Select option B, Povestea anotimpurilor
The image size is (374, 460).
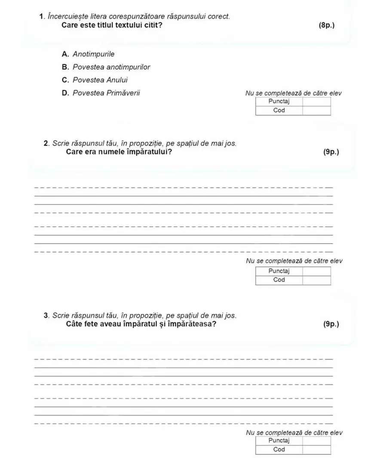pos(107,67)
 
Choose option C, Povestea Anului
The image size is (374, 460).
pos(95,80)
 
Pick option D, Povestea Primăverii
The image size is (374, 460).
pos(101,93)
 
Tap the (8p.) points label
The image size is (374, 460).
pos(327,25)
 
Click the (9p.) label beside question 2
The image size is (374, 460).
pos(331,152)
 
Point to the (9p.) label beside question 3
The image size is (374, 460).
pos(331,324)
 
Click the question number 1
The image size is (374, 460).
pos(41,16)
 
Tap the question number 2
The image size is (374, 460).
pos(46,143)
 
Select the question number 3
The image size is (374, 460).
pos(46,315)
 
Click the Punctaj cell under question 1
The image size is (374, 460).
pos(279,102)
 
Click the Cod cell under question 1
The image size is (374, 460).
pos(279,111)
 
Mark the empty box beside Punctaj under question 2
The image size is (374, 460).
pos(316,271)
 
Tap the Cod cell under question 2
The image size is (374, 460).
pos(279,280)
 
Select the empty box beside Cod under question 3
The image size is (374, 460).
pos(316,450)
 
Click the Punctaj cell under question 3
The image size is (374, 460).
pos(279,441)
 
